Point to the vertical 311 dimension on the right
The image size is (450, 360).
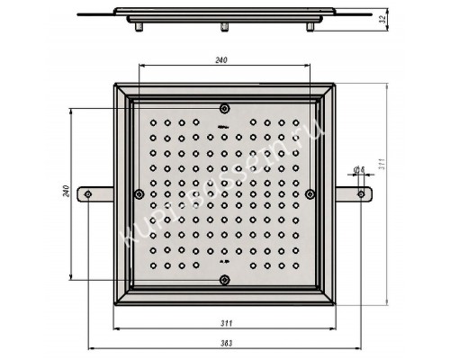tap(382, 166)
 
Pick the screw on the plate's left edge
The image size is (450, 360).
tap(138, 194)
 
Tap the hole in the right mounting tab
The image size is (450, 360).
tap(362, 194)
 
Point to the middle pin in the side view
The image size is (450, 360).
tap(221, 26)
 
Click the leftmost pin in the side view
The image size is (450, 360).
tap(139, 26)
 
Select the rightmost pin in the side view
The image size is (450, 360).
tap(310, 26)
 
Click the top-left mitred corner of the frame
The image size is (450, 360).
tap(121, 91)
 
